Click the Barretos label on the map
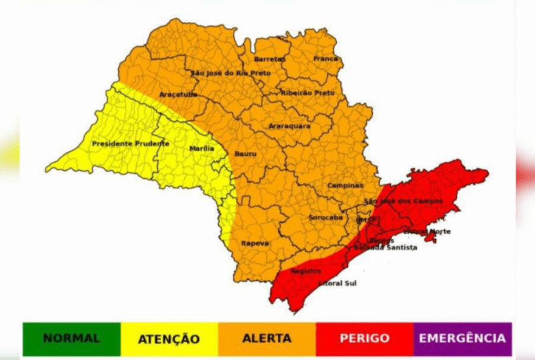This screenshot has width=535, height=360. (x=270, y=59)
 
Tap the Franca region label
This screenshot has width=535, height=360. (x=325, y=58)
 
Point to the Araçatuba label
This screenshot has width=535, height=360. (x=178, y=94)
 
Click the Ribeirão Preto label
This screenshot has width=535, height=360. (x=308, y=92)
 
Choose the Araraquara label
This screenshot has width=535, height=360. (x=289, y=126)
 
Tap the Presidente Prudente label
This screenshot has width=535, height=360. (x=130, y=144)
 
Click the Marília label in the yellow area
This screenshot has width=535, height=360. (x=201, y=148)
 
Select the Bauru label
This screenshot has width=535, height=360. (x=245, y=154)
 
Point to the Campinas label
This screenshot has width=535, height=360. (x=345, y=185)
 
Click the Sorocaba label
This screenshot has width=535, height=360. (x=325, y=217)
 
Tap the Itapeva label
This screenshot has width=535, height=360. (x=255, y=243)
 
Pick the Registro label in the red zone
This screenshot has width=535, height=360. (x=306, y=271)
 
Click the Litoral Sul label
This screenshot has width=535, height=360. (x=337, y=283)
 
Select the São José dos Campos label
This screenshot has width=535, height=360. (x=403, y=201)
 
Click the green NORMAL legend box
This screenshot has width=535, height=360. (x=72, y=339)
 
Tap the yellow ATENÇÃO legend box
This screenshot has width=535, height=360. (x=169, y=339)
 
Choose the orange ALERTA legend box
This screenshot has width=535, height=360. (x=267, y=339)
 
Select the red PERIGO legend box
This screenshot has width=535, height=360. (x=365, y=339)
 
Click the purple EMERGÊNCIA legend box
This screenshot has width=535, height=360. (x=462, y=339)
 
